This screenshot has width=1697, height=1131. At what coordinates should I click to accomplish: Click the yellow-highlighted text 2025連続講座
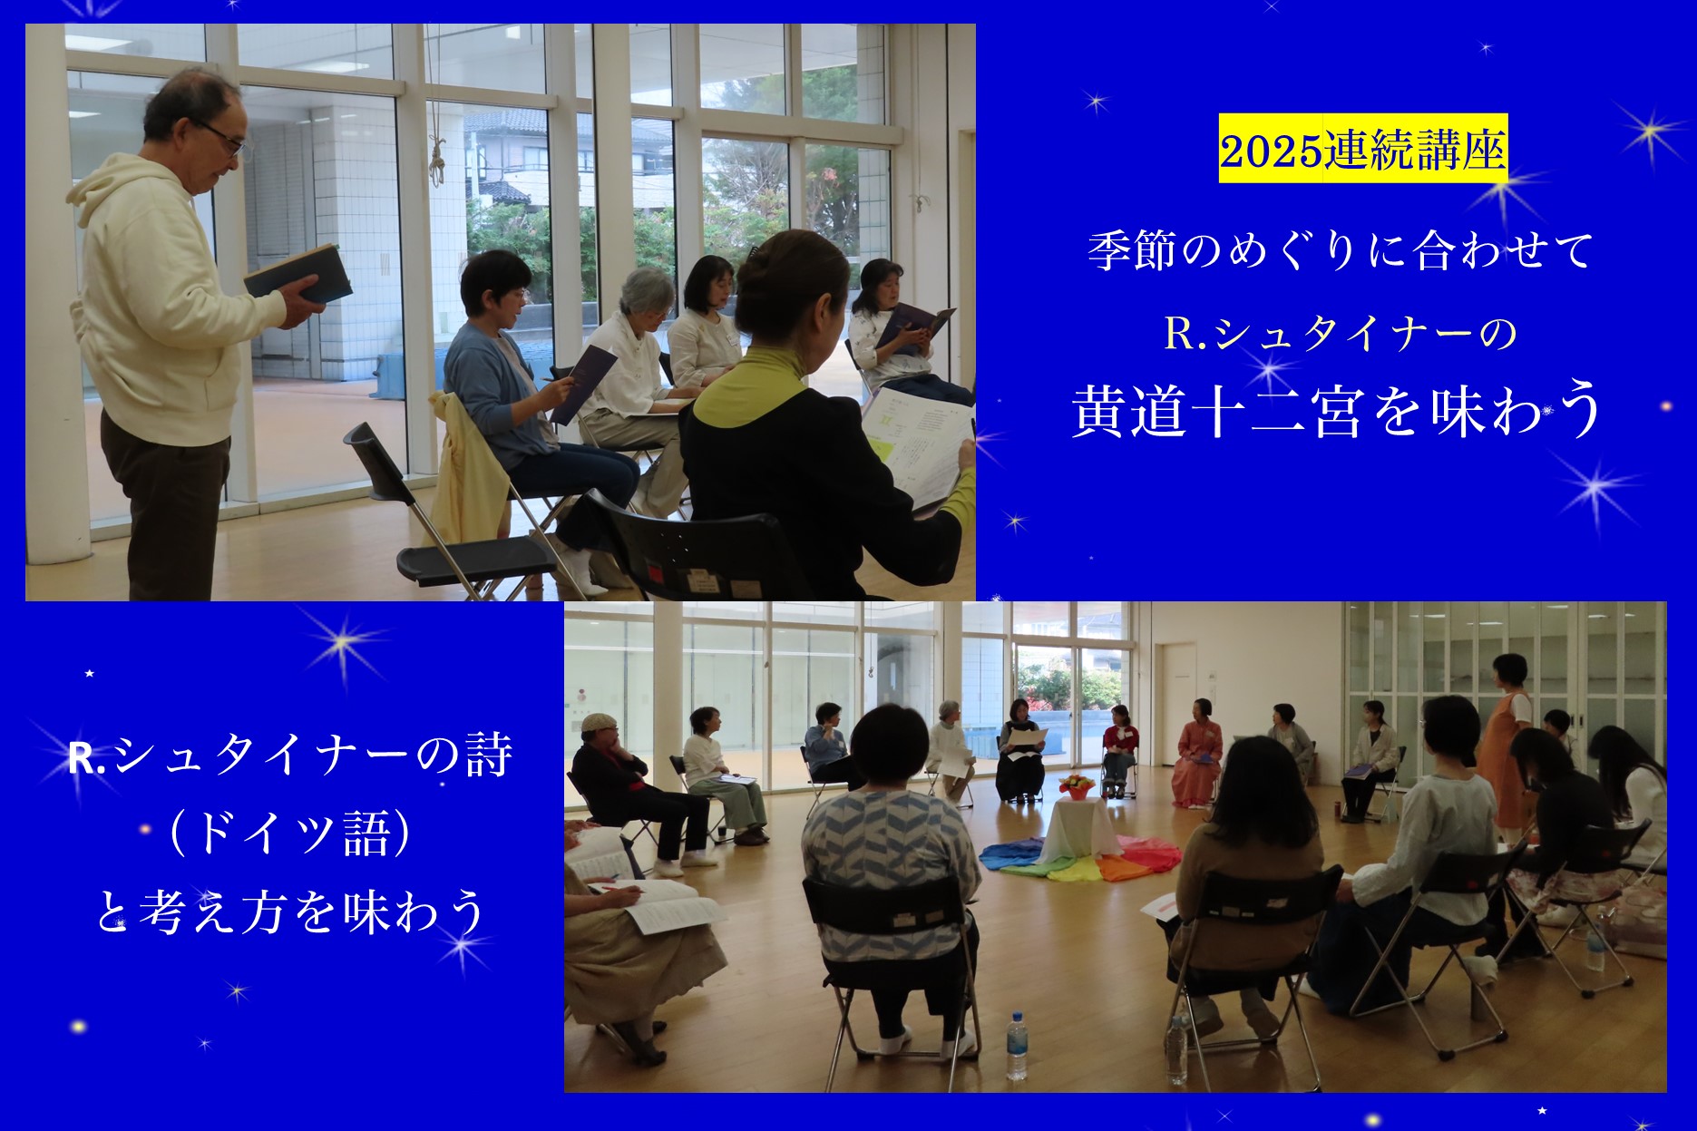[1362, 150]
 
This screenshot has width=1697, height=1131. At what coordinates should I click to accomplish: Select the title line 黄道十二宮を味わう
[1338, 410]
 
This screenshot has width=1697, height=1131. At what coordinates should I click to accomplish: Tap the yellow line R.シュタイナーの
[1341, 332]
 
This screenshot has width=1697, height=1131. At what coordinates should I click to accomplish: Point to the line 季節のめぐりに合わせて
[1340, 249]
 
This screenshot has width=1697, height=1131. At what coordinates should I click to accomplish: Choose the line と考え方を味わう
[291, 912]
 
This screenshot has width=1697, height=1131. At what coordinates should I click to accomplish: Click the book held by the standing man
[297, 274]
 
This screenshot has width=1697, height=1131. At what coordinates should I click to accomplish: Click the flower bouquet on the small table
[1076, 784]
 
